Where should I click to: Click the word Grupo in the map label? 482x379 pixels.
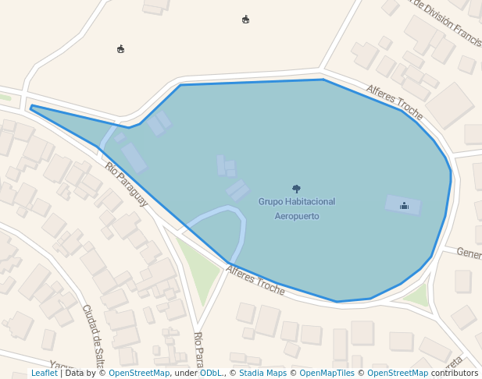tap(271, 201)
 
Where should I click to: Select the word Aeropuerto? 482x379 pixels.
tap(297, 216)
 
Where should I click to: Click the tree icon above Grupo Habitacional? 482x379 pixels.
tap(296, 188)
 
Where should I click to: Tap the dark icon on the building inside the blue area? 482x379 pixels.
tap(404, 205)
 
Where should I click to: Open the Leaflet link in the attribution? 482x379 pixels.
tap(44, 373)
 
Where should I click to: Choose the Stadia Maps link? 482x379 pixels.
tap(262, 373)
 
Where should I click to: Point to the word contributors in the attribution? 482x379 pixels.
tap(455, 373)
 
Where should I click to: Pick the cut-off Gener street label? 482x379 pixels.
tap(469, 253)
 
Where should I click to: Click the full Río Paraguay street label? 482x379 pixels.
tap(126, 184)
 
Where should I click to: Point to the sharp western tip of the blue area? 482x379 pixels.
tap(31, 108)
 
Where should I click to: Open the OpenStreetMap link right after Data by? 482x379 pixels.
tap(139, 373)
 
